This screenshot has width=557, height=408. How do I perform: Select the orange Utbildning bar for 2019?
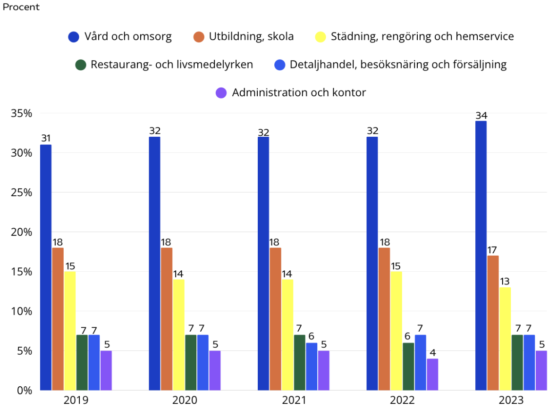[x=58, y=319]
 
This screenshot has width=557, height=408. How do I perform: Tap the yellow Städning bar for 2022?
[x=397, y=331]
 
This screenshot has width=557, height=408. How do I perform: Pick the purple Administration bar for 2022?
[x=432, y=375]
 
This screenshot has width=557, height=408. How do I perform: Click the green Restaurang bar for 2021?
[x=300, y=362]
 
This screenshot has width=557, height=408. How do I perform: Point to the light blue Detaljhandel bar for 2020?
[x=203, y=362]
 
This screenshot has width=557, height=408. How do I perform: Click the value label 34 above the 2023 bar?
[x=481, y=115]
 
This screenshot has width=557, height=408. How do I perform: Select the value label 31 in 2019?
[x=46, y=139]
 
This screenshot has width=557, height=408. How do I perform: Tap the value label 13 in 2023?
[x=505, y=282]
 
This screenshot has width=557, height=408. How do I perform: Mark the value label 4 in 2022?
[x=432, y=352]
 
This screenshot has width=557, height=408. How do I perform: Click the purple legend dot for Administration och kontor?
[x=221, y=93]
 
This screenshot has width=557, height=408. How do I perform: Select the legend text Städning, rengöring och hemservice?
[x=422, y=36]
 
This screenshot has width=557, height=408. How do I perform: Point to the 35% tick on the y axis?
[x=22, y=114]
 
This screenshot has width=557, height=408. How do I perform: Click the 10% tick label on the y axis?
[x=22, y=311]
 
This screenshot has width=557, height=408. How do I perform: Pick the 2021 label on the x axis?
[x=294, y=400]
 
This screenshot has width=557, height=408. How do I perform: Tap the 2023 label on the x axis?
[x=511, y=400]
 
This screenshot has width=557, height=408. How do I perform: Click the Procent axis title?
[x=21, y=7]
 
